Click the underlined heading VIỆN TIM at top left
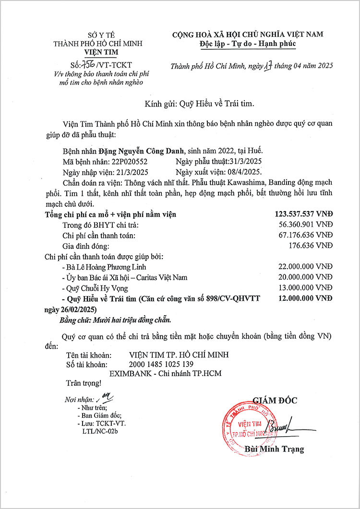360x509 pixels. tap(100, 52)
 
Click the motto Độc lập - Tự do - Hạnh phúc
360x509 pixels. tap(248, 44)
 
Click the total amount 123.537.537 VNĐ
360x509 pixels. tap(303, 214)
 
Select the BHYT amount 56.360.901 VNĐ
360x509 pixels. tap(305, 225)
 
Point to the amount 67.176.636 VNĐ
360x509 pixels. tap(305, 235)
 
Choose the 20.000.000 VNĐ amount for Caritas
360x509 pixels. tap(305, 277)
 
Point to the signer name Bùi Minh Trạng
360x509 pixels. tap(274, 449)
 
